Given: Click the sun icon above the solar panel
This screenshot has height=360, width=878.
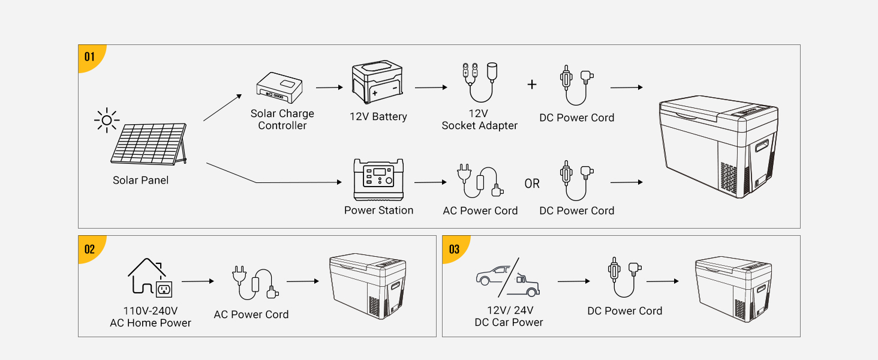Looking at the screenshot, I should coord(107,120).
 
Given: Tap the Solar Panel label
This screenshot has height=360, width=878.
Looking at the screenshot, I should coord(140,180).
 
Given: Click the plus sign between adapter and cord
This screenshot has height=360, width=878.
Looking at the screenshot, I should coord(532,85).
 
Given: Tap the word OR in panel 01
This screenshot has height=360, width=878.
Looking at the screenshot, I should coord(532,184).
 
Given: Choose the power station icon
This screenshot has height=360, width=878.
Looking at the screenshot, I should coord(378,179).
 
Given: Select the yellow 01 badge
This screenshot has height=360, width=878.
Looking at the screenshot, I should coord(90,57).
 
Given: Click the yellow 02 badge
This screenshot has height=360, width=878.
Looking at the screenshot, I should coord(90,248).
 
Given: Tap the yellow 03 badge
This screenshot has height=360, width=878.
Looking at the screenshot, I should coord(454,248).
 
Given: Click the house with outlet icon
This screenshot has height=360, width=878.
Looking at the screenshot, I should coord(150,278).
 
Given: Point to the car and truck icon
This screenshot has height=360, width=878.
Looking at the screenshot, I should coord(507,277).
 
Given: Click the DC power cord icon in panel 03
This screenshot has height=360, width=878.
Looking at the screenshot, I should coord(624,277).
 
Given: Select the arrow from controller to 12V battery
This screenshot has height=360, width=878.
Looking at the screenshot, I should coord(329,88).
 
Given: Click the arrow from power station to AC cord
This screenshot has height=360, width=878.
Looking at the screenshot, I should coord(431,182).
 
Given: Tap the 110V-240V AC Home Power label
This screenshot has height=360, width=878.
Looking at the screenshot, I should coord(151,317).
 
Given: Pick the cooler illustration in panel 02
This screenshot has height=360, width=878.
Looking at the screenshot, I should coord(368,285).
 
